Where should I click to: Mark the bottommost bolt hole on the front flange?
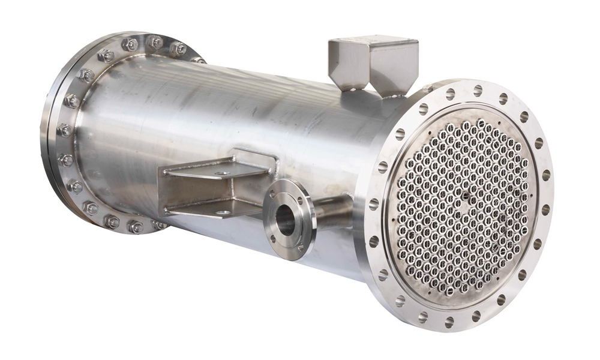450,322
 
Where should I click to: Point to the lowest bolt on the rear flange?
136,227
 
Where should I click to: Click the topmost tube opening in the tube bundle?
481,123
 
